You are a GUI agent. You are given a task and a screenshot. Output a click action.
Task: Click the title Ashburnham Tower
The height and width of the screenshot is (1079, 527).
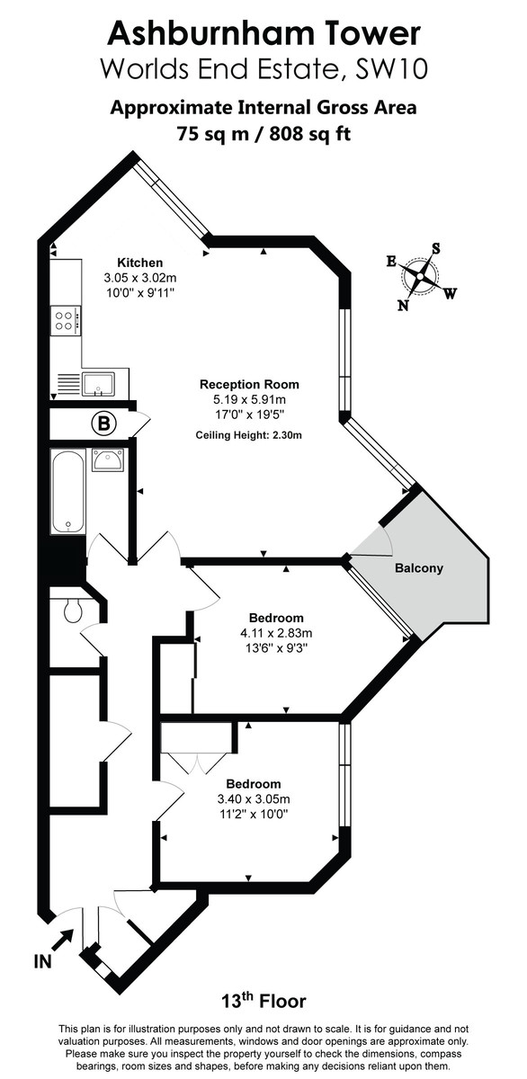263,33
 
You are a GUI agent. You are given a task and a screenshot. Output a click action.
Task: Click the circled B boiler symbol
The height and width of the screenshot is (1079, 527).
103,421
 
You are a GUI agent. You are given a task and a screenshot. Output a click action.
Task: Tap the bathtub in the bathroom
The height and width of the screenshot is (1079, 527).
67,492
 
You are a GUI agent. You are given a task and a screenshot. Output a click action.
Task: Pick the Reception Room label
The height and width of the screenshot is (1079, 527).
249,384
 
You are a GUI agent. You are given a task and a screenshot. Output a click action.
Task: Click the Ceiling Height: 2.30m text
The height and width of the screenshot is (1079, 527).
249,435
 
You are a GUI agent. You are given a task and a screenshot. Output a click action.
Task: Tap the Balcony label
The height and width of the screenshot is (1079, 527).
418,568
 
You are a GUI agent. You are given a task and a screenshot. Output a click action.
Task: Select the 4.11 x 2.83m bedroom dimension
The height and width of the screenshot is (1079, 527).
276,633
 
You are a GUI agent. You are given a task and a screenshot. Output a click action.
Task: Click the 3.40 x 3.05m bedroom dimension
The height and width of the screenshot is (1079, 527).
253,798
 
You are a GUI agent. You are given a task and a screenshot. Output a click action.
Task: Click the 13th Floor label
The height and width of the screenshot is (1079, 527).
263,1001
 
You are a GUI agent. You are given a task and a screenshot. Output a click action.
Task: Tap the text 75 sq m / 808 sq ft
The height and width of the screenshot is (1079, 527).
263,134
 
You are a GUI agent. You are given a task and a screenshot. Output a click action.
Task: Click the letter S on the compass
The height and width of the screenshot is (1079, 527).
436,248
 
